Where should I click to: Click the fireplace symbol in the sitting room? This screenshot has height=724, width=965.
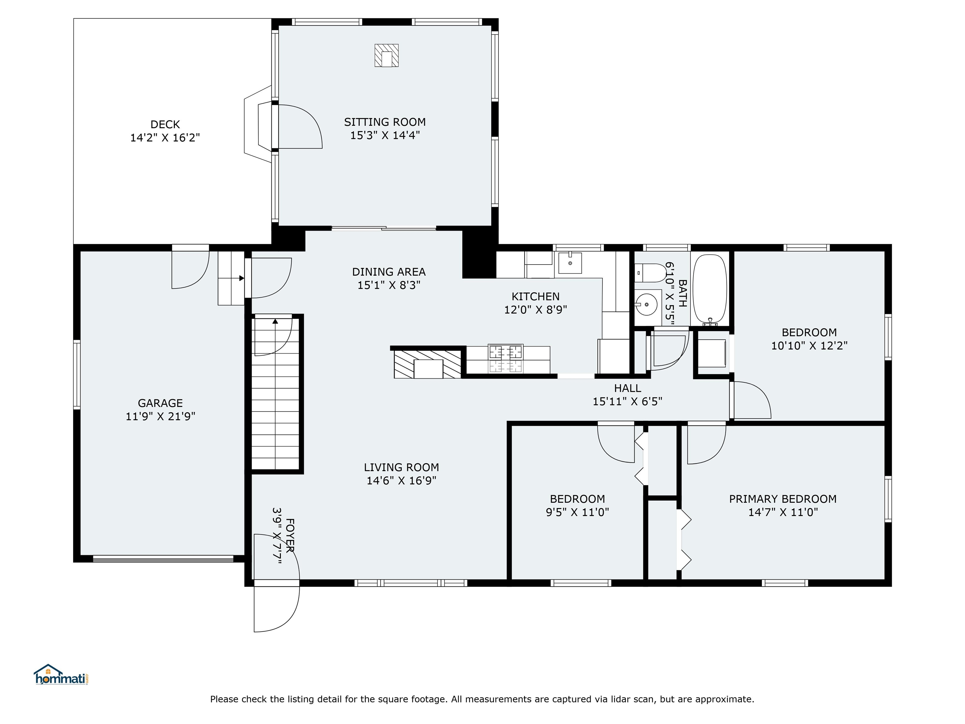[x=386, y=55]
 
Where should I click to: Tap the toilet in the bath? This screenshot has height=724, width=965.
[x=650, y=273]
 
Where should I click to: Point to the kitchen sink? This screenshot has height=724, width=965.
[x=570, y=263]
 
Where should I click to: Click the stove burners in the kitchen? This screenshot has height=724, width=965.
[x=506, y=359]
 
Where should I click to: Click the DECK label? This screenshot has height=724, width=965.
[x=165, y=124]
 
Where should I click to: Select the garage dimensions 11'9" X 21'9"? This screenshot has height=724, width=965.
[x=160, y=416]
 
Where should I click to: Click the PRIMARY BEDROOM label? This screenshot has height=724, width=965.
[x=782, y=499]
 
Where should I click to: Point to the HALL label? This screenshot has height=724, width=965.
[x=627, y=388]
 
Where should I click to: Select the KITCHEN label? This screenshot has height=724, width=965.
[x=535, y=297]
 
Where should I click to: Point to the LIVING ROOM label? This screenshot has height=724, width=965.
[x=401, y=467]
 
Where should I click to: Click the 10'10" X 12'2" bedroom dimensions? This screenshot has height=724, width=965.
[x=809, y=346]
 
